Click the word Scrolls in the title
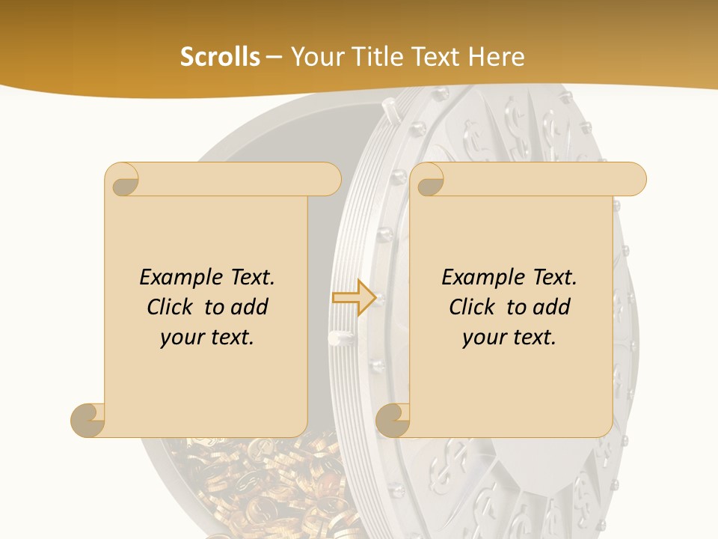click(220, 57)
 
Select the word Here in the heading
click(496, 57)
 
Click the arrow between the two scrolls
click(354, 298)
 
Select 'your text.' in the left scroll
click(207, 338)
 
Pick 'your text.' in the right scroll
click(509, 338)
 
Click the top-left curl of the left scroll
click(123, 180)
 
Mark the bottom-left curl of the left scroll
click(88, 419)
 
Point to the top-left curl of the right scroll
click(429, 180)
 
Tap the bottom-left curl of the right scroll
click(393, 419)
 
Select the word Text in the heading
click(437, 57)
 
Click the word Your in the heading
click(315, 57)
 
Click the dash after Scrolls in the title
click(274, 57)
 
